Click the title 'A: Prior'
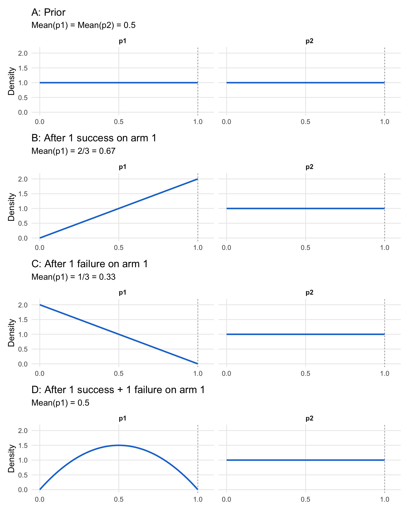tap(48, 12)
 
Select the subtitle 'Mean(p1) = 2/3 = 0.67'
tap(73, 151)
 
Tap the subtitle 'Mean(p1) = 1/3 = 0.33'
tap(73, 277)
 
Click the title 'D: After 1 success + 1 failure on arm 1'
tap(118, 390)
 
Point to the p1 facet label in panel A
tap(122, 41)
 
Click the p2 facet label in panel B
tap(309, 167)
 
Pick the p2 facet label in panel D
tap(309, 419)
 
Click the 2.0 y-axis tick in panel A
tap(23, 53)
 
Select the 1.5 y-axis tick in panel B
tap(23, 194)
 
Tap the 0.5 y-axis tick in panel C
tap(23, 349)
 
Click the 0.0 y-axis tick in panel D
tap(23, 490)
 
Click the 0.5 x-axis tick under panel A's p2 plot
tap(305, 122)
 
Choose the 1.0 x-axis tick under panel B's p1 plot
tap(198, 248)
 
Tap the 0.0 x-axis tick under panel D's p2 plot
tap(227, 500)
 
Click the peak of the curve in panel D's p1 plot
tap(119, 445)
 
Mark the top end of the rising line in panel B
tap(197, 179)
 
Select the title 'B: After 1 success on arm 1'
tap(94, 138)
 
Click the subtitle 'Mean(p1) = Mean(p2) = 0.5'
tap(83, 25)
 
